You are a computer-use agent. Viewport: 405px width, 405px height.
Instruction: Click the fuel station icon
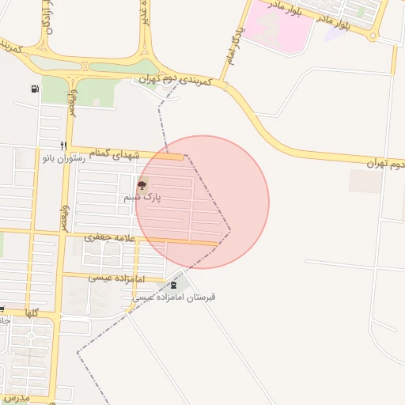[35, 89]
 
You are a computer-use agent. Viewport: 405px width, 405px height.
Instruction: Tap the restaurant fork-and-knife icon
[63, 146]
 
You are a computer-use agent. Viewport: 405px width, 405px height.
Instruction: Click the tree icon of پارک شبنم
[142, 186]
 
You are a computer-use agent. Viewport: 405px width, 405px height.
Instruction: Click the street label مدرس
[16, 398]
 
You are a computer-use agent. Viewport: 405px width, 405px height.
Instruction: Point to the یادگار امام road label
[233, 44]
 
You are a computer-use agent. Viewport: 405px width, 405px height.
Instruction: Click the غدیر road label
[146, 14]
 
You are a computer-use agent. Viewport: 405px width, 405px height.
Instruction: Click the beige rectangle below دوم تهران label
[365, 181]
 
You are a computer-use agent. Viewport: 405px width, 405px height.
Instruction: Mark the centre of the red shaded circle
[202, 202]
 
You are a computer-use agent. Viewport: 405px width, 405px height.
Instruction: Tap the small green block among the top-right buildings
[361, 12]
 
